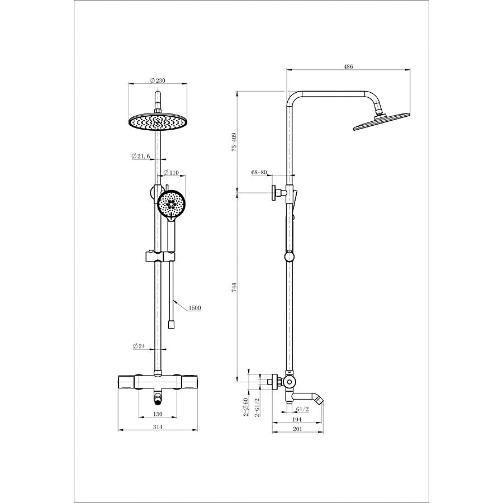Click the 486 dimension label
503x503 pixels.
pos(348,67)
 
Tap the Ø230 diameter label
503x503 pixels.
pos(158,80)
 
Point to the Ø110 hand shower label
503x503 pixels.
pos(171,173)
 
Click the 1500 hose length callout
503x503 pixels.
pos(194,308)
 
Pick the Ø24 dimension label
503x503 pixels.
pos(139,346)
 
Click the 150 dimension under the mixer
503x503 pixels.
pos(158,414)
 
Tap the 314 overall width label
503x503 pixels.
pos(158,427)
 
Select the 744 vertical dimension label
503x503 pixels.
pos(234,287)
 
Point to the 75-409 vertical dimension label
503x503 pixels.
pos(234,141)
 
